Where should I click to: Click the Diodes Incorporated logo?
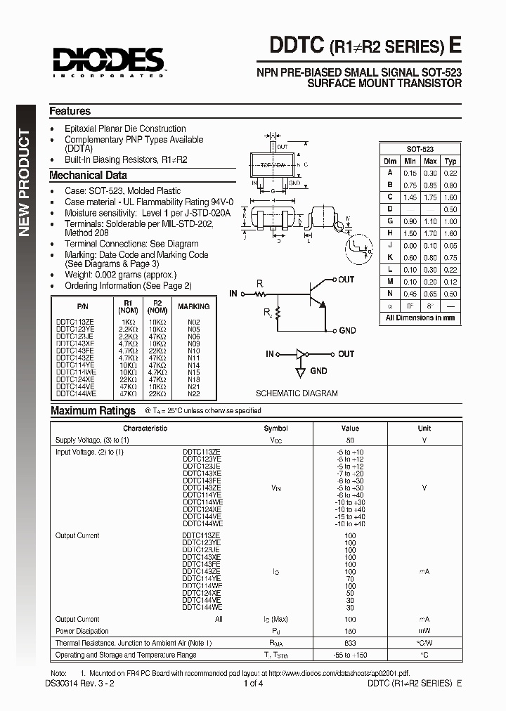[106, 62]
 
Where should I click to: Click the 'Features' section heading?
[70, 111]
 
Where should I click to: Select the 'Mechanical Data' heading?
[88, 176]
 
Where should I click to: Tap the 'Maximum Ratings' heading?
[93, 411]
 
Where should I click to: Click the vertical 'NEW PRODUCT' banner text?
[25, 183]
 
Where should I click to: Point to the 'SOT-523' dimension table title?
[420, 150]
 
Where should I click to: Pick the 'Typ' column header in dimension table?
[450, 161]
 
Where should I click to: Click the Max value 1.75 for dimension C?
[430, 198]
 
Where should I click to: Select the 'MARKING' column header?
[193, 306]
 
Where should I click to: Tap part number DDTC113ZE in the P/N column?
[75, 321]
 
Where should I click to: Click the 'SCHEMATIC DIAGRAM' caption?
[296, 393]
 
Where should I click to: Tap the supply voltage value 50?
[349, 440]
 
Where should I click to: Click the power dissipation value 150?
[349, 631]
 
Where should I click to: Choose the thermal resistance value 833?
[349, 643]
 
